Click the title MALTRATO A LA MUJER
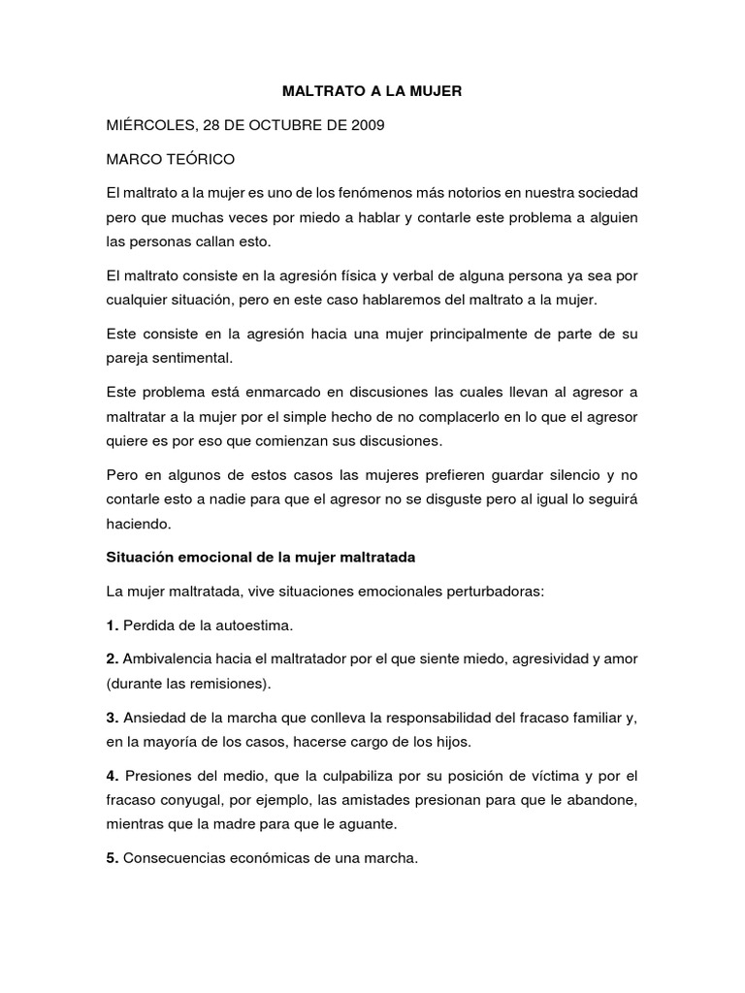click(x=372, y=91)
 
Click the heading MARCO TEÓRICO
click(x=170, y=157)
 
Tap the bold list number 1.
click(x=112, y=625)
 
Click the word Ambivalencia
click(x=168, y=658)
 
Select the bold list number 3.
click(x=112, y=718)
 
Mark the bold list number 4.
click(x=113, y=776)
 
